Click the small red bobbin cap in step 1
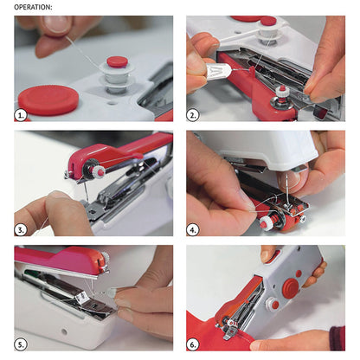click(117, 62)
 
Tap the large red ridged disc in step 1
click(48, 99)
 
